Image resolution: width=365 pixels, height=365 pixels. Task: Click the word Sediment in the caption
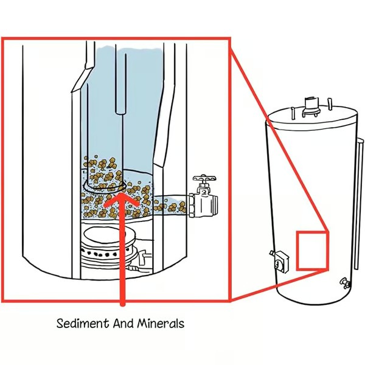click(x=83, y=323)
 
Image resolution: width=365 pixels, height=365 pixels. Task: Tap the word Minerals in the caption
click(x=159, y=323)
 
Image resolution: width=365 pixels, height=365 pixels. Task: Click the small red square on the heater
click(x=312, y=250)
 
